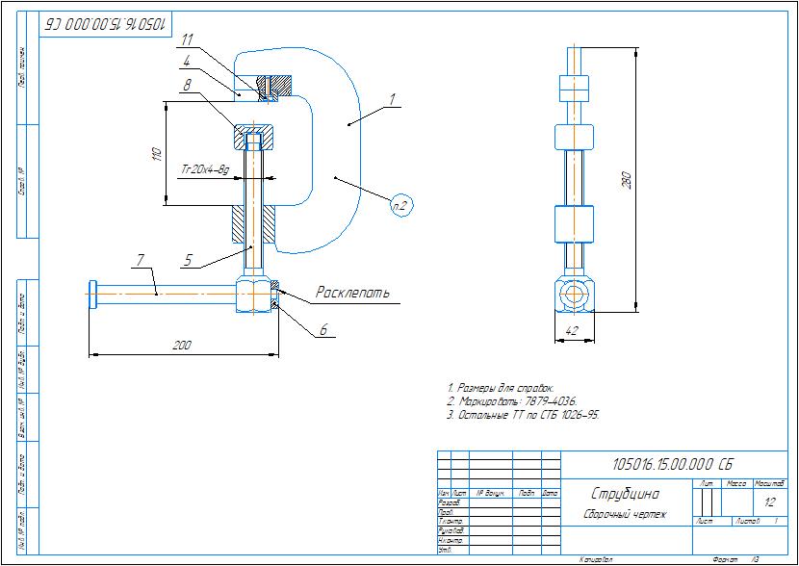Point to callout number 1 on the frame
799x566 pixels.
coord(393,99)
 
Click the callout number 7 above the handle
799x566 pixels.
coord(140,260)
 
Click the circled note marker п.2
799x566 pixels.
coord(401,205)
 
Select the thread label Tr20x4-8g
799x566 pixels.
coord(206,169)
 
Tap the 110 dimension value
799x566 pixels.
coord(157,154)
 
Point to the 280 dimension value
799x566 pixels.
coord(626,179)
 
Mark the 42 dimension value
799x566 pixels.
coord(573,330)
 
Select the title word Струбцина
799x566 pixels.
coord(625,494)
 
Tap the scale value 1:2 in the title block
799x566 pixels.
coord(769,502)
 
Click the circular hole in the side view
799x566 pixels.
coord(575,295)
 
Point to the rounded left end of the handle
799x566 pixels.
coord(92,294)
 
